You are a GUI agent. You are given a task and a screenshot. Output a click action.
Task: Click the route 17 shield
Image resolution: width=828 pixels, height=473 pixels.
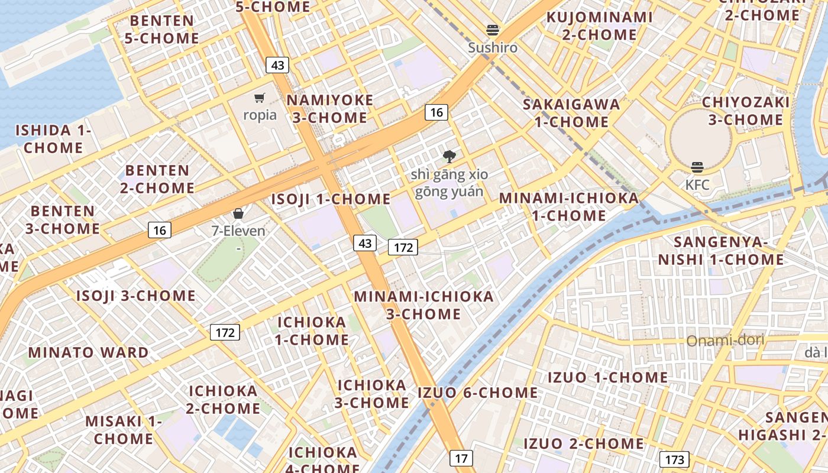(x=461, y=458)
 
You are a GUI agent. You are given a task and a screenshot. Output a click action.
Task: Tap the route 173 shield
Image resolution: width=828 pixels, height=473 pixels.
(x=674, y=459)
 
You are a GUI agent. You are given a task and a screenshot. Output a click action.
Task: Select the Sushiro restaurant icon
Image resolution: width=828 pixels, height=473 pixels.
(x=493, y=30)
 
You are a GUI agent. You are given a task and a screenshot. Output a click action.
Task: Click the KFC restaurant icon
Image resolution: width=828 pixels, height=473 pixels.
(x=697, y=167)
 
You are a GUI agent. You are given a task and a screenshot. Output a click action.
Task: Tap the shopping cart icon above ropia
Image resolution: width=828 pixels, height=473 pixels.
(x=260, y=98)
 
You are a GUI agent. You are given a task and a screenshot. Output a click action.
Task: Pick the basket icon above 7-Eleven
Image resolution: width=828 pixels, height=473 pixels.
(x=238, y=213)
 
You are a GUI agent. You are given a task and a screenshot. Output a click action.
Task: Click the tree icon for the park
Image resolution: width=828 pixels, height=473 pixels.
(x=449, y=157)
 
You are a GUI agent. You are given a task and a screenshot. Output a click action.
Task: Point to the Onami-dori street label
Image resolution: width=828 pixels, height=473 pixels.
(x=725, y=341)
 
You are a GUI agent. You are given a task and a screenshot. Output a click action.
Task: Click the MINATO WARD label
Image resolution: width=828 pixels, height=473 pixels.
(x=89, y=353)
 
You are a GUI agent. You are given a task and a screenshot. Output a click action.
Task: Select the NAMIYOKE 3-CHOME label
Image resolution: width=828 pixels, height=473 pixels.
(x=330, y=109)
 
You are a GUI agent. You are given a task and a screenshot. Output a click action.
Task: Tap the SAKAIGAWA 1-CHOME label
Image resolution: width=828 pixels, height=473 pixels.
(x=571, y=113)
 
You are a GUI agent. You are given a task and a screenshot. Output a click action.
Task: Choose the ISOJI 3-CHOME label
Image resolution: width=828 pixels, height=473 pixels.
(x=136, y=296)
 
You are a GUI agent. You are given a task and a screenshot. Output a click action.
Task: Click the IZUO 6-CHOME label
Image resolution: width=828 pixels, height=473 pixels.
(x=478, y=393)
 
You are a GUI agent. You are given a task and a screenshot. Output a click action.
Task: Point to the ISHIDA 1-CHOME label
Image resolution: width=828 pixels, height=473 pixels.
(x=53, y=139)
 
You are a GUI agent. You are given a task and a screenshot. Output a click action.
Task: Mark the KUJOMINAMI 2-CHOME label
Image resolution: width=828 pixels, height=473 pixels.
(x=600, y=26)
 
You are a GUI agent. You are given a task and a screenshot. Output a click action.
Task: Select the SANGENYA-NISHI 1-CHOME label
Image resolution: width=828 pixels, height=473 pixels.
(x=721, y=251)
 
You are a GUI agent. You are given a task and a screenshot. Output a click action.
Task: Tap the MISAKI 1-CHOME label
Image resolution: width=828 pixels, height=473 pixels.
(x=124, y=430)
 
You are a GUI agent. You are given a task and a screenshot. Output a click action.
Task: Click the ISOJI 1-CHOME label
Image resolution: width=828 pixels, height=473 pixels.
(x=331, y=199)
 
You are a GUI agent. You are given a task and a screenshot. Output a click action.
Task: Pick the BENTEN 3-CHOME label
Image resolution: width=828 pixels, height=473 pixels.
(x=63, y=219)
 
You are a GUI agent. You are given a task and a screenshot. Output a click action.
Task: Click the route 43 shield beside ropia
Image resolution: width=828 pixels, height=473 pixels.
(x=277, y=65)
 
